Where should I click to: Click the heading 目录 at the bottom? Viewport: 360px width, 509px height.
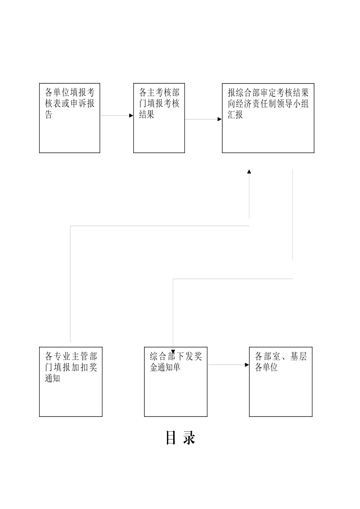[180, 438]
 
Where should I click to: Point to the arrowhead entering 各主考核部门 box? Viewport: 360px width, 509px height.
[131, 116]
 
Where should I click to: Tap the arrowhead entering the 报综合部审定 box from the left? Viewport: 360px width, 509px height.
[219, 119]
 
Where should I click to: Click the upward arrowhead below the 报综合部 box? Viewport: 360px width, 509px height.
[249, 172]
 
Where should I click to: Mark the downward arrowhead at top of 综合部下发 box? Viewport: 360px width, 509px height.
[173, 351]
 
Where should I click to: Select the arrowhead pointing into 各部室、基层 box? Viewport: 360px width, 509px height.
[247, 365]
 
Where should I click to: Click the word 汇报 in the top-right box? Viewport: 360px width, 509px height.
[235, 115]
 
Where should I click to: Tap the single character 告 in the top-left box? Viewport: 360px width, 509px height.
[49, 115]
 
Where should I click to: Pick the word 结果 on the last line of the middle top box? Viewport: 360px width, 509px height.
[147, 115]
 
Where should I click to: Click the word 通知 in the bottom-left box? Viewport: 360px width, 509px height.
[53, 378]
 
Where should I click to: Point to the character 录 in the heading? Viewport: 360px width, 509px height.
[189, 438]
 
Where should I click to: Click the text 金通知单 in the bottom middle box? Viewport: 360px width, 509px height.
[165, 367]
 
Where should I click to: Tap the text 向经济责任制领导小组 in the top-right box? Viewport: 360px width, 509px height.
[268, 104]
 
